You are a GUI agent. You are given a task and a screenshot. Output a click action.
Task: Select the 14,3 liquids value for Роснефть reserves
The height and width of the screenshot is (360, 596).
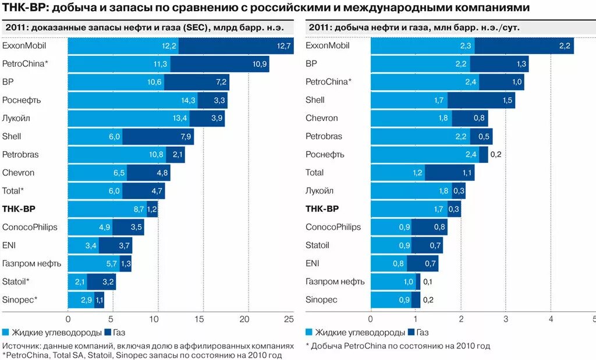(188, 100)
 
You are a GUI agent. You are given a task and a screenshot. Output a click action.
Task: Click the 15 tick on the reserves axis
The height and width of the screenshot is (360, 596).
(200, 319)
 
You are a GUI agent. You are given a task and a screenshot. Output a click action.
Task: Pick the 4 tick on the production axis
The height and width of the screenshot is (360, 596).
(551, 319)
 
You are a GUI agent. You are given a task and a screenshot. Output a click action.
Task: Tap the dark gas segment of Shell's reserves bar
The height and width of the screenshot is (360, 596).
(158, 137)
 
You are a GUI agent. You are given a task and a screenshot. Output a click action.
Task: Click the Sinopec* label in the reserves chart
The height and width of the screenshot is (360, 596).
(20, 300)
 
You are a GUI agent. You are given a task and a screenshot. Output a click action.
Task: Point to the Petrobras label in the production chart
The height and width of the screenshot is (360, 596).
(324, 136)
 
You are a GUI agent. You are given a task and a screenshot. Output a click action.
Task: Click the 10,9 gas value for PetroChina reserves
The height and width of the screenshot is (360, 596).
(260, 63)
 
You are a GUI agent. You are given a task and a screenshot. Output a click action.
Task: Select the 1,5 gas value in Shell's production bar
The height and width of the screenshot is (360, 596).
(507, 100)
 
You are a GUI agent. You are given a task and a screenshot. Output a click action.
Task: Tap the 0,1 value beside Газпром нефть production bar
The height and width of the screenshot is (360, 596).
(427, 281)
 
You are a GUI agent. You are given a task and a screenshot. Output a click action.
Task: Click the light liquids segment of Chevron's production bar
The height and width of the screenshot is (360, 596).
(411, 118)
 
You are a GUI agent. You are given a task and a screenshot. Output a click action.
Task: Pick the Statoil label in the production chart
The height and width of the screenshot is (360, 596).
(317, 245)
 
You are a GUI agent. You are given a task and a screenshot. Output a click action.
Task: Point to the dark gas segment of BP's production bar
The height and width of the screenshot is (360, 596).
(506, 63)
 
